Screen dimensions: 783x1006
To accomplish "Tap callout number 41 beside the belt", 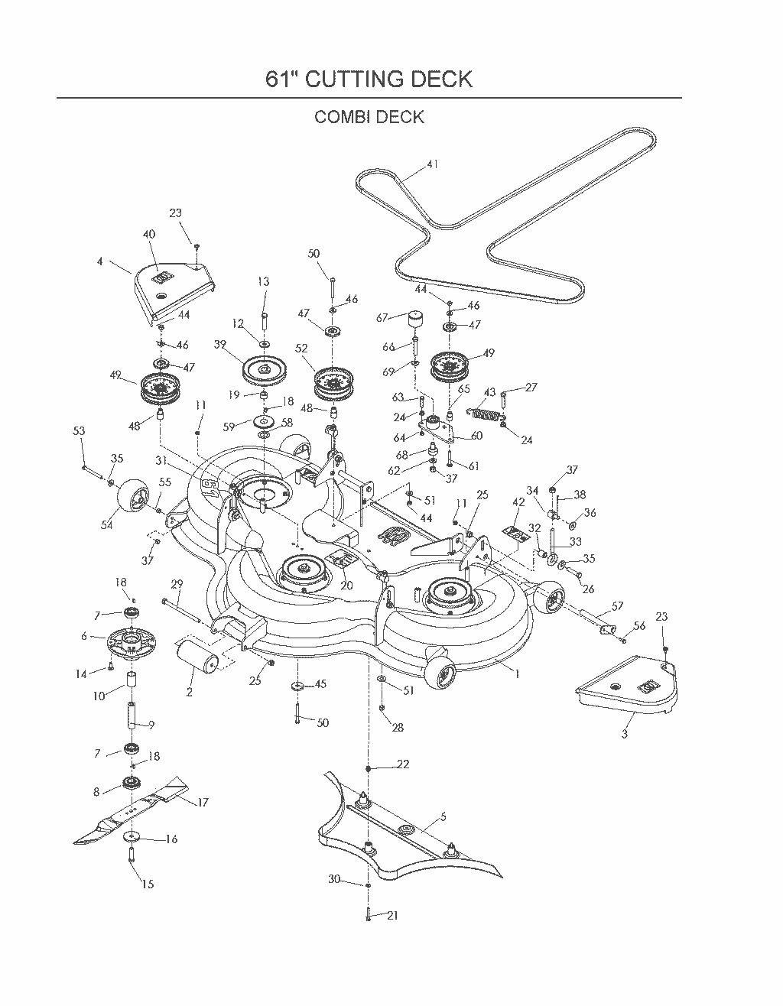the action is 432,164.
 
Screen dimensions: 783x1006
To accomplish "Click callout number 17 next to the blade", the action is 203,803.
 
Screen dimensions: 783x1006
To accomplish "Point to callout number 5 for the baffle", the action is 443,817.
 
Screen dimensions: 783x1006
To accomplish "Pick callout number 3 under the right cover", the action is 624,734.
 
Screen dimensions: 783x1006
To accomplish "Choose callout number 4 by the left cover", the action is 99,261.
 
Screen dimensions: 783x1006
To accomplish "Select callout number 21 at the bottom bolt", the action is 393,916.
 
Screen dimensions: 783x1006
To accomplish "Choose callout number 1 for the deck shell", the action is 518,674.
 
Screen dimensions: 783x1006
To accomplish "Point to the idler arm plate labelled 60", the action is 436,429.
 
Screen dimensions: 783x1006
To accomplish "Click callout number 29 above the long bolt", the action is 177,584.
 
